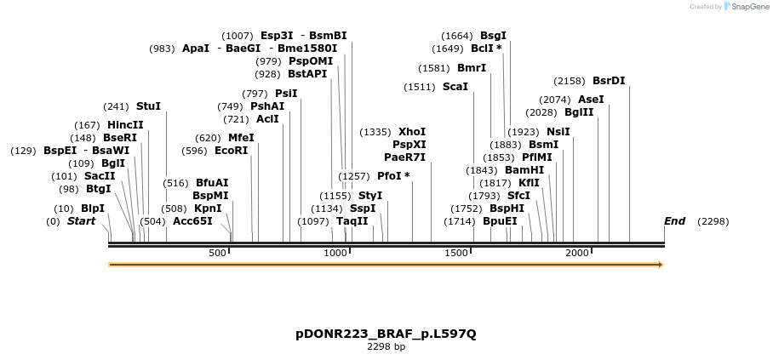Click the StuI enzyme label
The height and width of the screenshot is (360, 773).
pyautogui.click(x=148, y=106)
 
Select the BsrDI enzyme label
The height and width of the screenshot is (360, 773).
pyautogui.click(x=609, y=81)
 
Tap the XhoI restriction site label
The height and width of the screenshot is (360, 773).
pyautogui.click(x=412, y=132)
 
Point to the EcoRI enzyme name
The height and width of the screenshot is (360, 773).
pyautogui.click(x=231, y=151)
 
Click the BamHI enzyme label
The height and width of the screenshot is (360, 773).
pyautogui.click(x=524, y=170)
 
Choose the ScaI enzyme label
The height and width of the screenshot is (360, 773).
pyautogui.click(x=455, y=87)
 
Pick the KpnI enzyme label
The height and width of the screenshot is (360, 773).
pyautogui.click(x=208, y=208)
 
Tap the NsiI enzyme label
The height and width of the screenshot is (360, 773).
pyautogui.click(x=558, y=132)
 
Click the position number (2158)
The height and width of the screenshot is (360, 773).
pyautogui.click(x=570, y=81)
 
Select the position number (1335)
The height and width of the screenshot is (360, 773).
pyautogui.click(x=375, y=132)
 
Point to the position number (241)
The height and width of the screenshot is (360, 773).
pyautogui.click(x=116, y=106)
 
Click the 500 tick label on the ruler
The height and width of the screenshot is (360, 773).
pyautogui.click(x=217, y=253)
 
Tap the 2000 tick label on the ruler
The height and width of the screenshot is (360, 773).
pyautogui.click(x=578, y=253)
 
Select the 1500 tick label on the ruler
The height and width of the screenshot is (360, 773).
pyautogui.click(x=457, y=253)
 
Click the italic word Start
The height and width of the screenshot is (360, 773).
pyautogui.click(x=82, y=221)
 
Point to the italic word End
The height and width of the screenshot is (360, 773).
pyautogui.click(x=674, y=221)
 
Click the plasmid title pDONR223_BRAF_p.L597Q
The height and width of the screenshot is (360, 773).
pyautogui.click(x=386, y=334)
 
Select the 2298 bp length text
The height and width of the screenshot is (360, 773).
pyautogui.click(x=386, y=346)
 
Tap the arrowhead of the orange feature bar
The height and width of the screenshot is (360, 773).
pyautogui.click(x=659, y=265)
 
